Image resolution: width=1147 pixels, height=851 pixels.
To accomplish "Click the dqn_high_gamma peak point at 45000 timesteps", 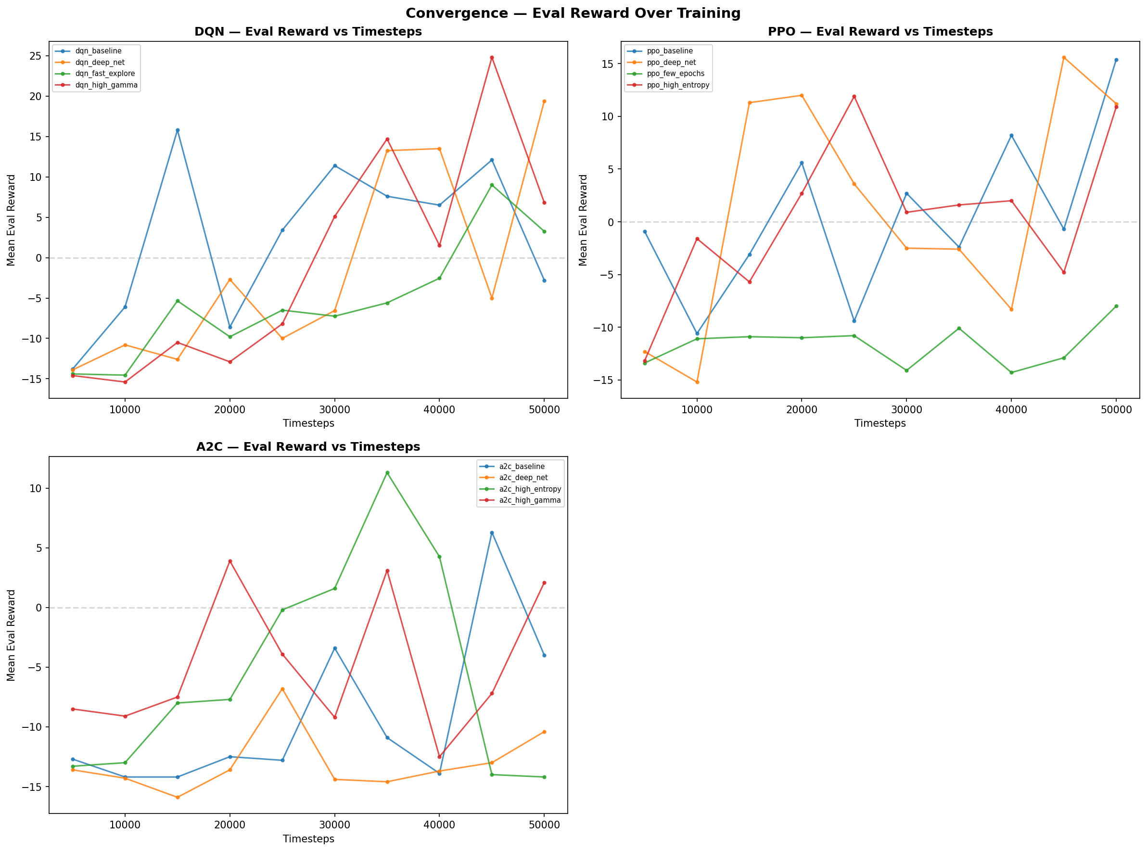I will (x=492, y=58).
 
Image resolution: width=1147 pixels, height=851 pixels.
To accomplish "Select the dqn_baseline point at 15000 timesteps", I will (x=178, y=130).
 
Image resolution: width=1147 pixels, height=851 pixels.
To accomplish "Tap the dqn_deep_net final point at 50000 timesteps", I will (x=544, y=102).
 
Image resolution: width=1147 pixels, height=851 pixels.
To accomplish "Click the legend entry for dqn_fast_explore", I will (x=104, y=74).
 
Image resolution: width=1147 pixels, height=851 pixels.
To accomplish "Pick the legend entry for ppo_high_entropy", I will (x=677, y=85).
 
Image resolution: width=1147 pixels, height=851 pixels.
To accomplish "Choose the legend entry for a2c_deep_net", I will (x=523, y=478).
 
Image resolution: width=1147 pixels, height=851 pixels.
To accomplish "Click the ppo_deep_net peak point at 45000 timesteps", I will (x=1064, y=58).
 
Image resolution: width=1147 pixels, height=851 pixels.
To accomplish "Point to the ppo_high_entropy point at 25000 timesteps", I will (x=854, y=96).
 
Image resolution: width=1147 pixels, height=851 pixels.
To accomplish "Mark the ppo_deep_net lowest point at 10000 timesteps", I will (x=697, y=382).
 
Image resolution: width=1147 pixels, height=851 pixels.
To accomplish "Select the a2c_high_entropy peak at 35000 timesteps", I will (x=387, y=472).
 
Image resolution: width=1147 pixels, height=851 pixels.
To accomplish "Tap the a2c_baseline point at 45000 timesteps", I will (x=492, y=533).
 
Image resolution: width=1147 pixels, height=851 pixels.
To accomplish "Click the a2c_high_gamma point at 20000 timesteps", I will (x=230, y=561).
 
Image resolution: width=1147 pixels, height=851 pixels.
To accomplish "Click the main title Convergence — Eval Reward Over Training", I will (x=573, y=13).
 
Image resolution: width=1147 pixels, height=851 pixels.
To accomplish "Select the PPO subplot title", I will (x=880, y=31).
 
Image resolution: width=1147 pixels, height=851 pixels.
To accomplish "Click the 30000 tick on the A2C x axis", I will (x=334, y=825).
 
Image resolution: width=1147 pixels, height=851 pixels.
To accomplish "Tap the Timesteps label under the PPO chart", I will (x=880, y=423).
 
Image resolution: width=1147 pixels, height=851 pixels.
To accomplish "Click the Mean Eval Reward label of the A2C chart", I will (x=12, y=635).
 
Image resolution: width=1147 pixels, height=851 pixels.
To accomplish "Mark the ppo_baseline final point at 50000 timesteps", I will (x=1116, y=60).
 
